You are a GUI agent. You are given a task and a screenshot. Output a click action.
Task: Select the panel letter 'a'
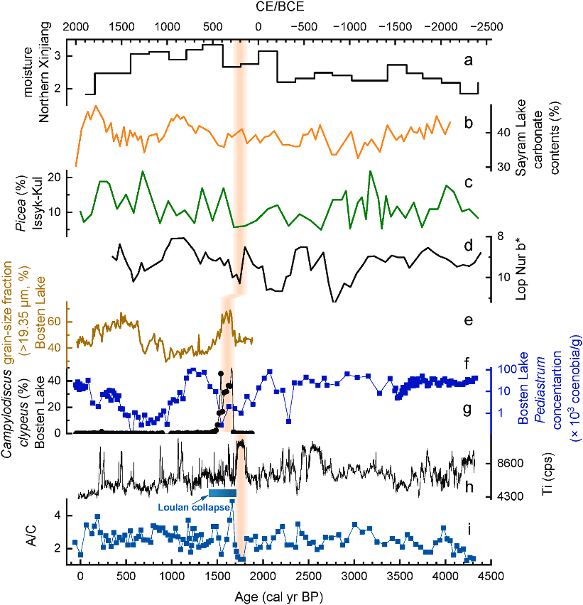468,60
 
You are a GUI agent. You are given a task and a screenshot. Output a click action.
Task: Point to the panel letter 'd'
468,246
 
